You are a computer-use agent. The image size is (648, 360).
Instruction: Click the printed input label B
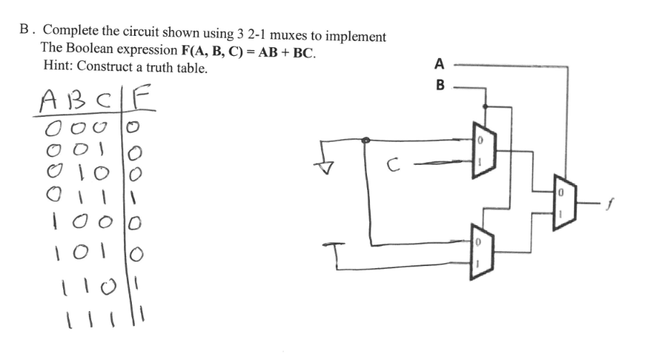pos(439,86)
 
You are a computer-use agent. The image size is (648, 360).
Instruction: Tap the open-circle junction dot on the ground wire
pos(366,141)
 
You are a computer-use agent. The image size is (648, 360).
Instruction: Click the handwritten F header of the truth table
pos(144,100)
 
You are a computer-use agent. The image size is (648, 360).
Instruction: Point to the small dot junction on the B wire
pos(486,105)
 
